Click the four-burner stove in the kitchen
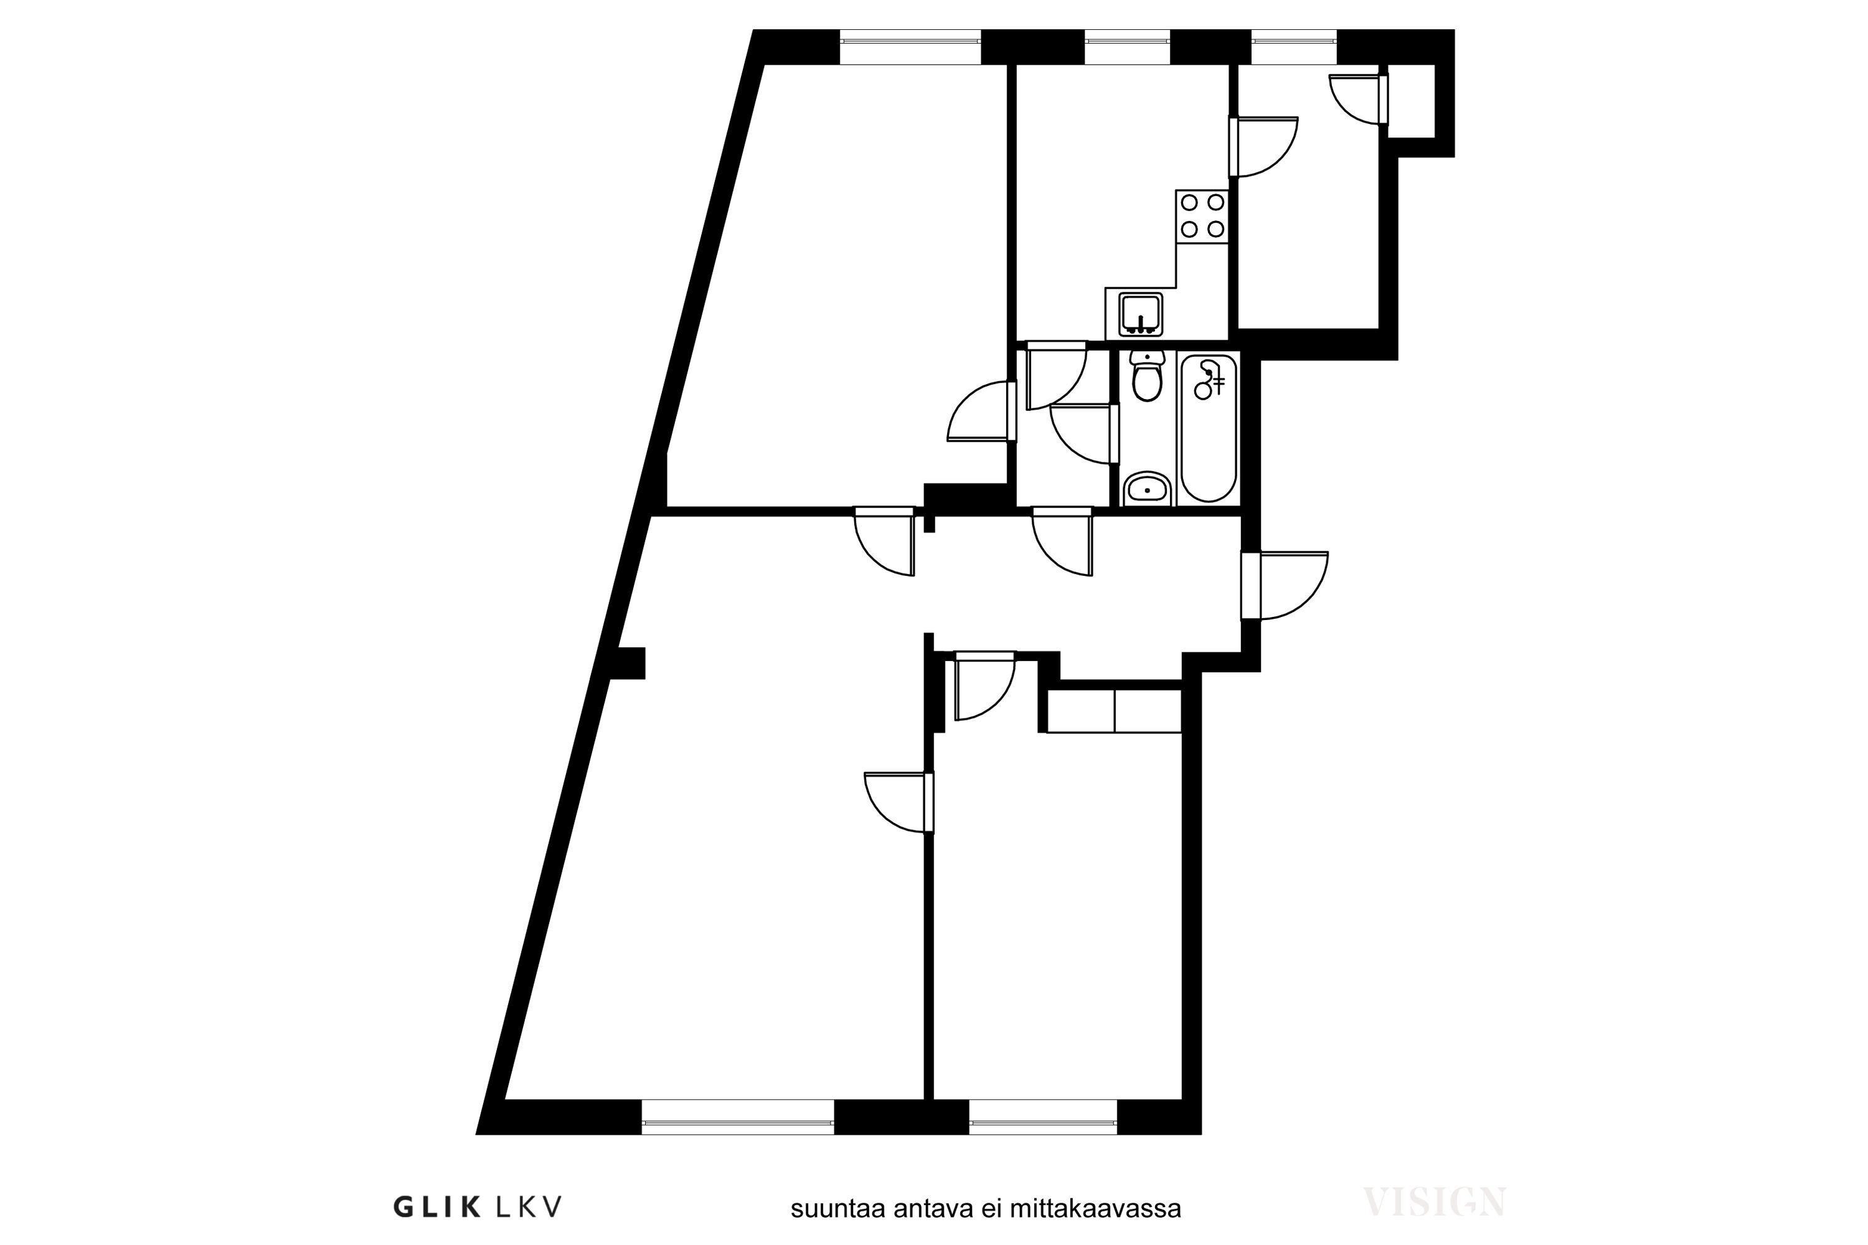tap(1202, 216)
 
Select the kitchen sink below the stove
tap(1141, 314)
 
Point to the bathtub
tap(1208, 428)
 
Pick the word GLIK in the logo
tap(437, 1208)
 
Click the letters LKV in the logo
tap(529, 1208)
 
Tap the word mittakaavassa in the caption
tap(1095, 1208)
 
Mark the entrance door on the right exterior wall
tap(1284, 585)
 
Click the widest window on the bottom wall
tap(738, 1117)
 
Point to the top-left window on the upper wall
tap(910, 47)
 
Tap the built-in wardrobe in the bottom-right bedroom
tap(1115, 711)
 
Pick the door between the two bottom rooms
tap(899, 803)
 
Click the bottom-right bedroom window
tap(1043, 1117)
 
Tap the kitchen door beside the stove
tap(1263, 147)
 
